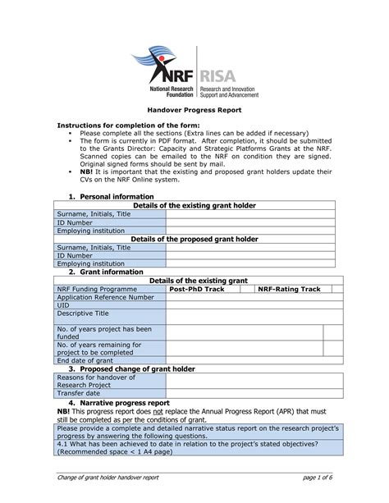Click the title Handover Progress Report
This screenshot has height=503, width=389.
pos(194,109)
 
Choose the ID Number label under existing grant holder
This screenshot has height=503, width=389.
pos(79,222)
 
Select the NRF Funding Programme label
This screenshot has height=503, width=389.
pos(97,289)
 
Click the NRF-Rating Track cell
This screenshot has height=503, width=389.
pos(289,289)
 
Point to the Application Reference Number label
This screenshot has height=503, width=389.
pos(104,297)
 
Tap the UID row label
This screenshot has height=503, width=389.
pos(63,305)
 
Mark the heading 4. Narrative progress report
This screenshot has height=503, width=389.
pos(118,403)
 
